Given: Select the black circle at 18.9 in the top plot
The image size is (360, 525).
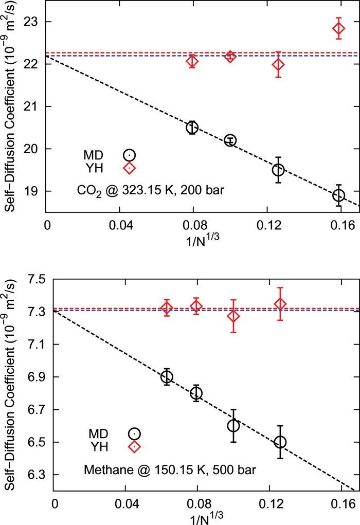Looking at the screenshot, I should point(338,195).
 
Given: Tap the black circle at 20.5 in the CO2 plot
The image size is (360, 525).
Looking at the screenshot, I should point(192,128).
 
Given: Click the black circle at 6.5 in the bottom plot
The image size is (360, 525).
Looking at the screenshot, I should point(280,442).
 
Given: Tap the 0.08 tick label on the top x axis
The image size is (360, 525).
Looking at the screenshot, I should point(193,225).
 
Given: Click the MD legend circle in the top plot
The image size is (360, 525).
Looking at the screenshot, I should point(129,155).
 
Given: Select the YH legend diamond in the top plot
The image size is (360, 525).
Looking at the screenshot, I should point(129,168).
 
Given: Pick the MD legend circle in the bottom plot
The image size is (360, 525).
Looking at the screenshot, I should point(134,433).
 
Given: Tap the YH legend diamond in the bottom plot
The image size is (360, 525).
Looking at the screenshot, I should point(134,446).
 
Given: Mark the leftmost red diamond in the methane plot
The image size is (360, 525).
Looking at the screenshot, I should point(167,308).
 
